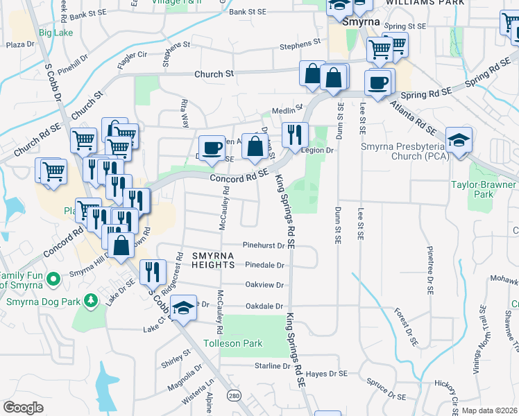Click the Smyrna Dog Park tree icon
(90, 300)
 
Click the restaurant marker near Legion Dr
(295, 135)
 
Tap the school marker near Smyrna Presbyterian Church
(459, 140)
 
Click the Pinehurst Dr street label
(264, 245)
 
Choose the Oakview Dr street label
(265, 285)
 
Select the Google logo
(23, 408)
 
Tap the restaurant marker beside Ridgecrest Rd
(153, 272)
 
